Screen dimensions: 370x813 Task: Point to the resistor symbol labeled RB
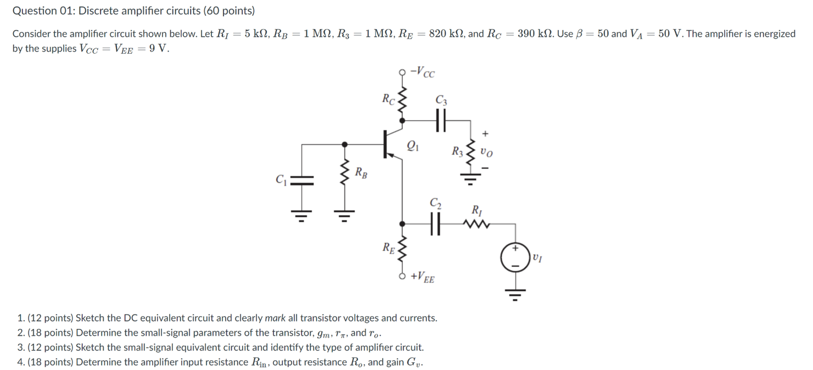tap(345, 172)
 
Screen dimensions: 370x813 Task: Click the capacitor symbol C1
tap(300, 180)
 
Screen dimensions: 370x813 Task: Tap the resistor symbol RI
tap(475, 223)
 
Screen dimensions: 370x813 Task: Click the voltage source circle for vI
tap(515, 256)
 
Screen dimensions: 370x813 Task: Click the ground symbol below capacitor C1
tap(300, 215)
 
